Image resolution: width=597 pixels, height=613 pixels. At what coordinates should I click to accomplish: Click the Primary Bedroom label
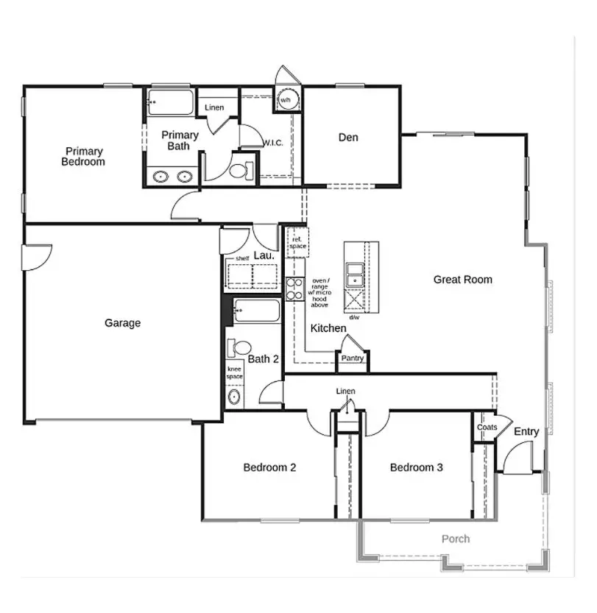82,156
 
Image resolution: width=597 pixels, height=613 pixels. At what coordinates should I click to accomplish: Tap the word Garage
122,322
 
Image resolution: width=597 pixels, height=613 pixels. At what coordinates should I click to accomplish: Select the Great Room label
462,279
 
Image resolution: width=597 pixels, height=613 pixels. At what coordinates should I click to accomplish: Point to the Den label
348,137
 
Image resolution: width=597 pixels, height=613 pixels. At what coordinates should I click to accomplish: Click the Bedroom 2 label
269,467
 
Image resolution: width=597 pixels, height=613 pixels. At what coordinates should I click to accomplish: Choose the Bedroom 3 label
416,467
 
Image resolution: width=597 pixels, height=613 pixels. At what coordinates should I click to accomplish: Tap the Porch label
455,539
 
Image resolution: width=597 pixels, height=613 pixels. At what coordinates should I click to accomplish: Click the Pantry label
353,358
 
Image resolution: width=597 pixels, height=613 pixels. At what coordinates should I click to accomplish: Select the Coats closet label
487,427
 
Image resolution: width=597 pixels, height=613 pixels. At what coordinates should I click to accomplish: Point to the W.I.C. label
273,143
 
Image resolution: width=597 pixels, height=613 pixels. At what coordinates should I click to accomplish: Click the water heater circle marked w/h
286,99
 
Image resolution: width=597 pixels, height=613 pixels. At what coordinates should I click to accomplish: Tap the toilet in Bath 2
239,347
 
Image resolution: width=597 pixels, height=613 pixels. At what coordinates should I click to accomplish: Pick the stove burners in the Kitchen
295,288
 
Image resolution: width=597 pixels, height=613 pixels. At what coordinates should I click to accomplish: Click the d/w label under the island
354,317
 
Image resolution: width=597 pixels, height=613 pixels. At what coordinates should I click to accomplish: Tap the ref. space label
297,243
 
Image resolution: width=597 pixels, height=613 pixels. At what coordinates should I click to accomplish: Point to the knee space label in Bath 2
234,372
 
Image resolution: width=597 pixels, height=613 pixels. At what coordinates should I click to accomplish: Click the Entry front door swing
517,458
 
